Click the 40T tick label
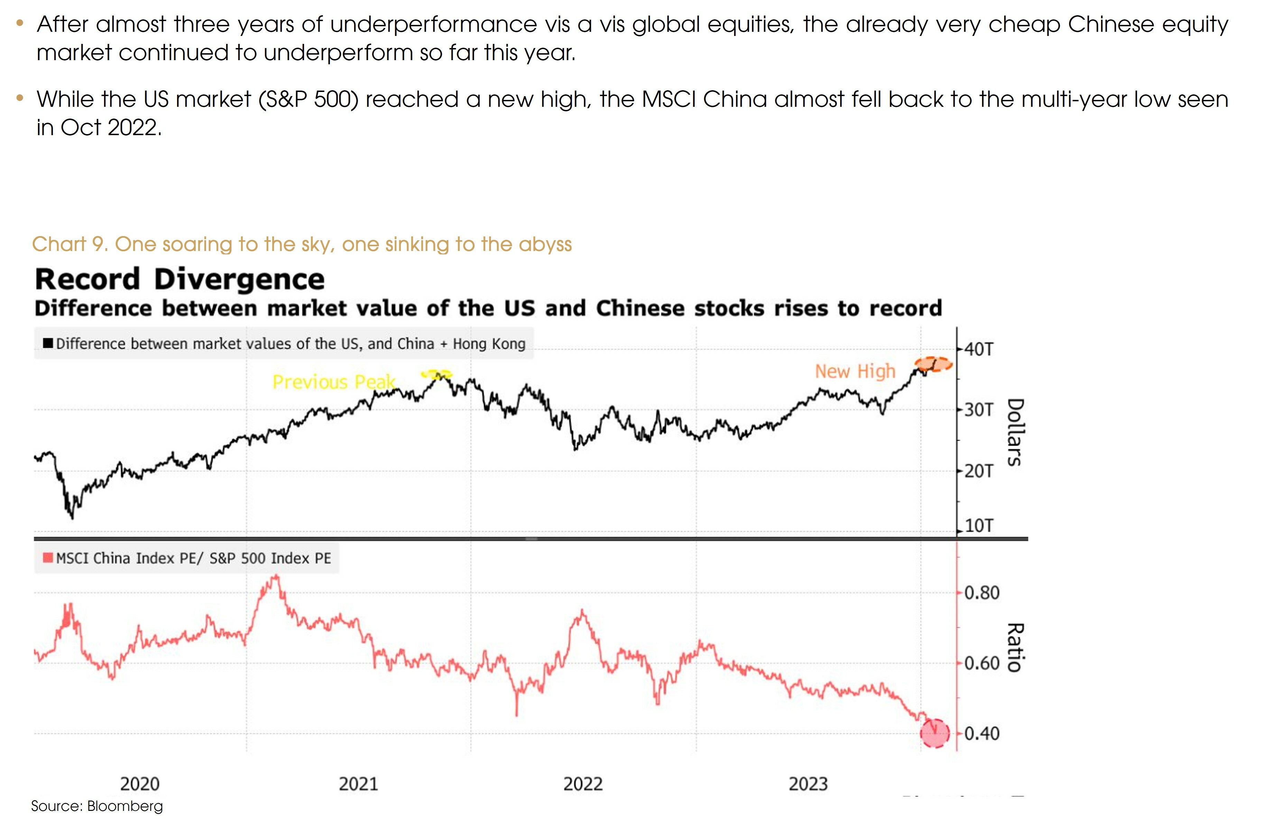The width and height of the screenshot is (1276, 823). click(x=978, y=349)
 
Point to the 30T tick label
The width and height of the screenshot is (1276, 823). click(x=978, y=410)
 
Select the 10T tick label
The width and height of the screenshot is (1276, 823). click(x=978, y=525)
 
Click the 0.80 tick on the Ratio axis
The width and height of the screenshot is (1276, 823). click(x=981, y=593)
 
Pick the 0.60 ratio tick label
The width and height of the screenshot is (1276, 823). click(x=981, y=663)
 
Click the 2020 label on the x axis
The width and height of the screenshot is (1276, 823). click(x=139, y=784)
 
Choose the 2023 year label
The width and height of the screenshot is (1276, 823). click(x=808, y=784)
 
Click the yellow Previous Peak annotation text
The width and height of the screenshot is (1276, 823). click(x=334, y=382)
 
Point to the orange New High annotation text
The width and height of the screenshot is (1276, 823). click(x=855, y=371)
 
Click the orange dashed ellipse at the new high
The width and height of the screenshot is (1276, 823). click(x=933, y=364)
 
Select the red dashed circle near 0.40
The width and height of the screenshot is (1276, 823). click(x=934, y=733)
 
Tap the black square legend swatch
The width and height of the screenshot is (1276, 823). click(x=48, y=343)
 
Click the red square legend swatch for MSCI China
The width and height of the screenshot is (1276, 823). click(x=48, y=558)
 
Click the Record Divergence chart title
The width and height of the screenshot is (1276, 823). click(x=179, y=280)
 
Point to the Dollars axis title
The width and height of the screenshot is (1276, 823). click(x=1015, y=432)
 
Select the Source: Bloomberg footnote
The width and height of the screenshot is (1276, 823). click(x=97, y=806)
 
